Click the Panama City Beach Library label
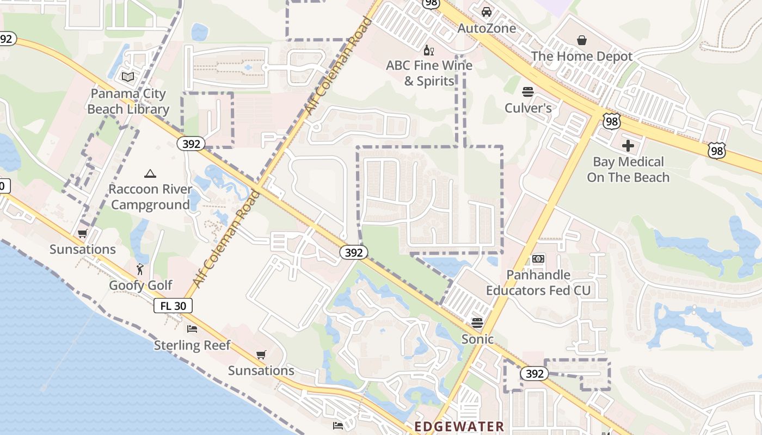pos(128,101)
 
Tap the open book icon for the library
pos(128,77)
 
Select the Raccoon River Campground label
pos(150,197)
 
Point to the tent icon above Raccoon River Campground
pos(150,173)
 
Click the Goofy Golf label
pos(140,285)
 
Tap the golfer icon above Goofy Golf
pos(140,269)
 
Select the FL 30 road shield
pos(173,306)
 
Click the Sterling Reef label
pos(192,345)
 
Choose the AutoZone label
pos(487,28)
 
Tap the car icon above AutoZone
pos(487,11)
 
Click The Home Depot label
pos(582,56)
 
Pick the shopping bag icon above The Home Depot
pos(582,40)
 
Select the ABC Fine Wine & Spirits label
pos(429,73)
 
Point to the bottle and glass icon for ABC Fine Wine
pos(429,51)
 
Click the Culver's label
pos(528,108)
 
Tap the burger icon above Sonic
pos(477,323)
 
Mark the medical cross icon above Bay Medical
pos(628,145)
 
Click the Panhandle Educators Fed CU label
pos(538,283)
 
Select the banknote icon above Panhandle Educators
pos(538,259)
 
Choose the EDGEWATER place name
pos(459,426)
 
